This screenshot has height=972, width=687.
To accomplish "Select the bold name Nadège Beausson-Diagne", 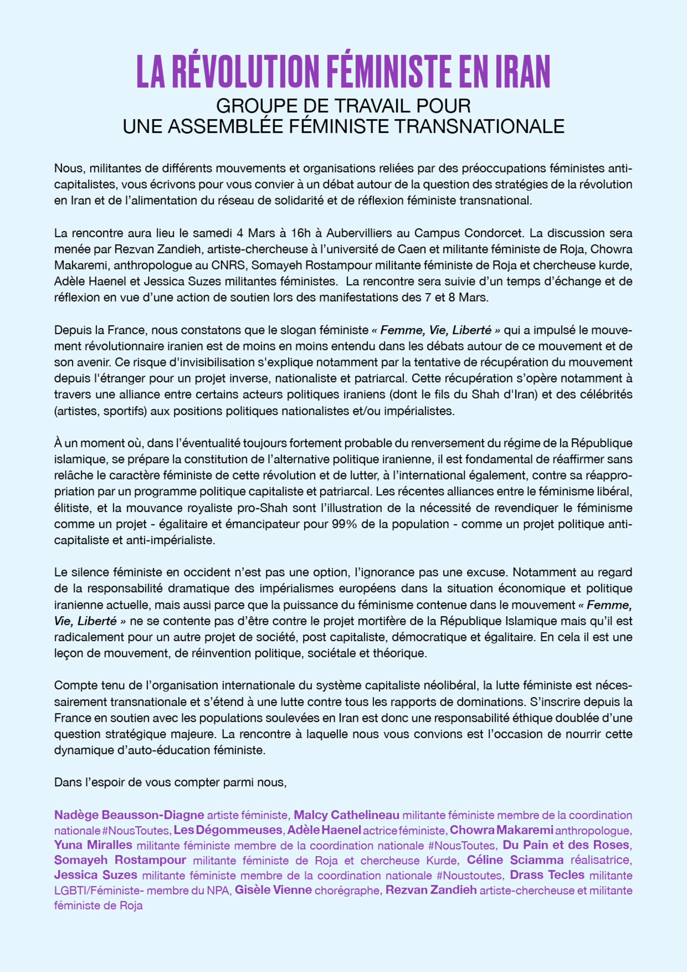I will pyautogui.click(x=129, y=815).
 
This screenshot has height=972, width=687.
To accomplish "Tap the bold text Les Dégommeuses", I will pyautogui.click(x=228, y=830).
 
